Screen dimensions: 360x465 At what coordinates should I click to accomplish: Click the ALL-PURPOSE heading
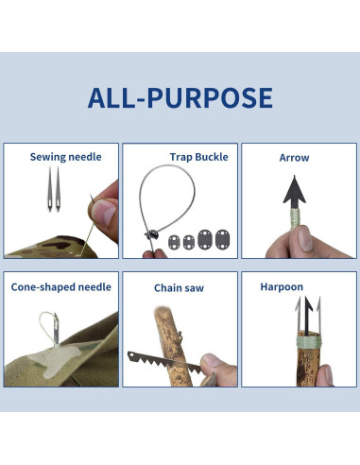coord(180,97)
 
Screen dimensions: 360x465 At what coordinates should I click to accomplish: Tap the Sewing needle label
coord(65,157)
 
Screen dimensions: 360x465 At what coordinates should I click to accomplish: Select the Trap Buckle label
coord(198,157)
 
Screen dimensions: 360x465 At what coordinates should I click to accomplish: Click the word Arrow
coord(294,158)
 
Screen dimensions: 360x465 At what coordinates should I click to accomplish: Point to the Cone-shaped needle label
coord(61,287)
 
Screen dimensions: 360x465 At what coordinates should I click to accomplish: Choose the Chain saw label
coord(179,288)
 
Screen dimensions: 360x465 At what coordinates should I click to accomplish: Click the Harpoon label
coord(282,286)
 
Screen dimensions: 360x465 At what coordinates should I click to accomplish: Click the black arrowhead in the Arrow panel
coord(294,192)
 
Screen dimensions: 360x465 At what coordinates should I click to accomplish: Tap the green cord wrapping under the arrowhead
coord(295,216)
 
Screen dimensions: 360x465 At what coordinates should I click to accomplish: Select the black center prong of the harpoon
coord(307,315)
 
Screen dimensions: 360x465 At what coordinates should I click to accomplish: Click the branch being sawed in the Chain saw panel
coord(169,346)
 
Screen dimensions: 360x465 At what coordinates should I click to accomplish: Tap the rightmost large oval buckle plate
coord(222,240)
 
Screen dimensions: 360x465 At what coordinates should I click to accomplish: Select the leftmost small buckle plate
coord(174,242)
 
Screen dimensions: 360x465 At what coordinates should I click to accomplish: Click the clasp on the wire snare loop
coord(151,234)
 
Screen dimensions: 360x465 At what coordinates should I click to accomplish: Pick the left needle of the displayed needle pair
coord(50,188)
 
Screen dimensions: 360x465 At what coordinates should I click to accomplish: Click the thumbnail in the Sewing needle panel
coord(105,212)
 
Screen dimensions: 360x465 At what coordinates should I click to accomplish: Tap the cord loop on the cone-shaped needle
coord(47,325)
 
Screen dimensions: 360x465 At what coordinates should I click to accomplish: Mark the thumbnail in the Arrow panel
coord(305,239)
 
